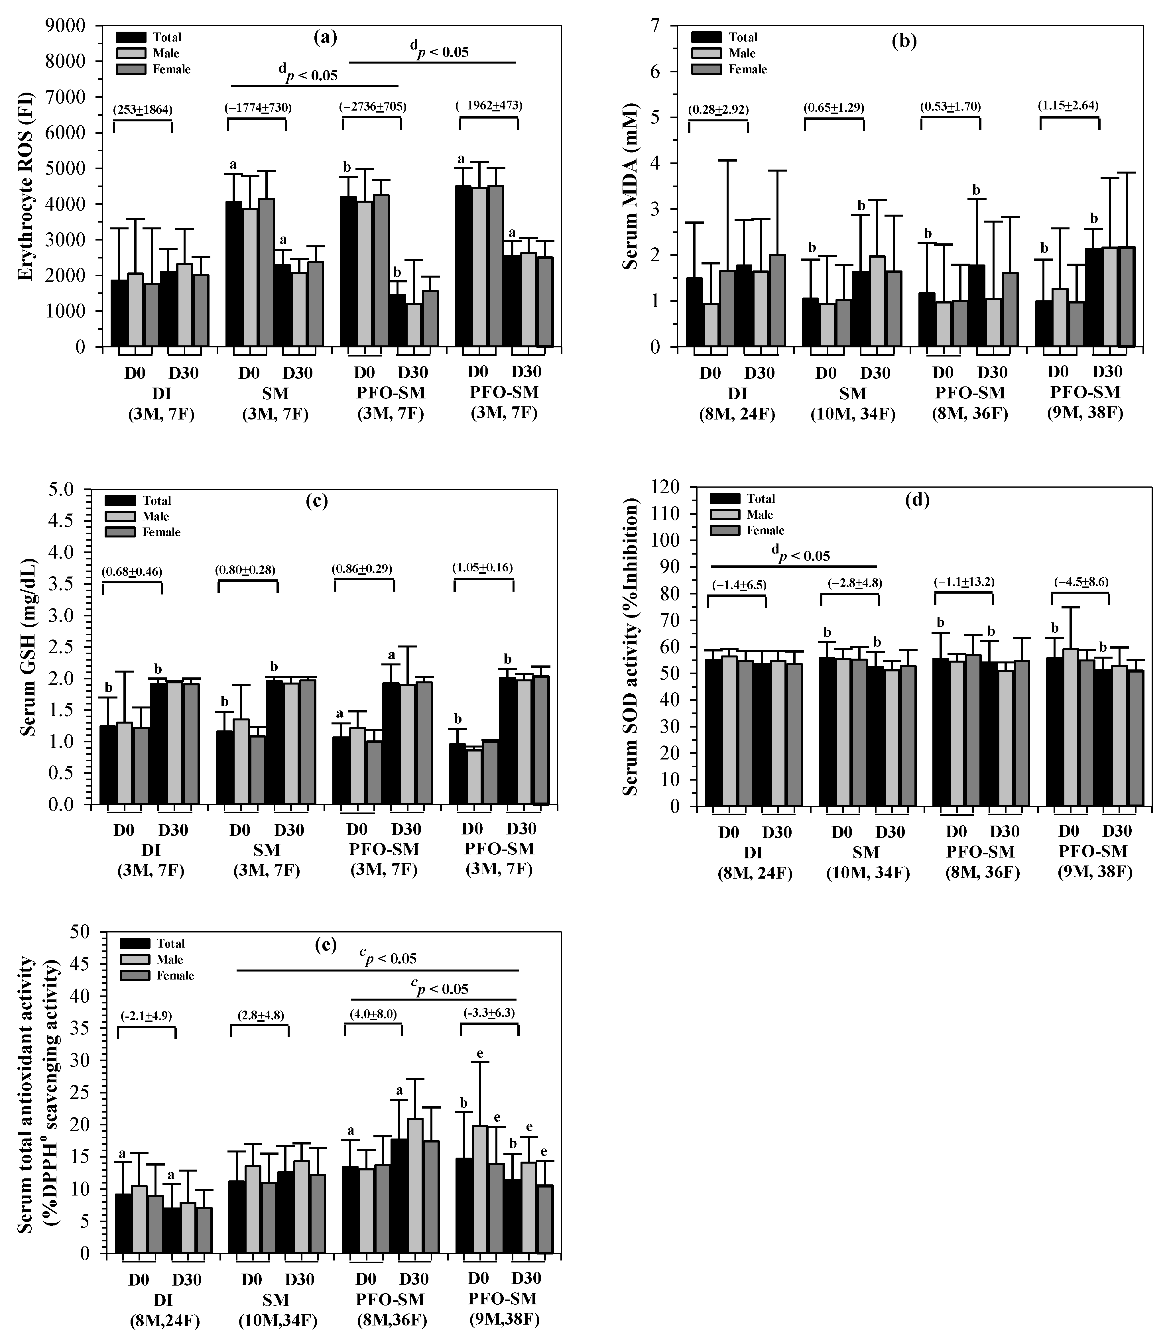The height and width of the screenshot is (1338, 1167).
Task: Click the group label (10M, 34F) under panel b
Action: click(x=853, y=414)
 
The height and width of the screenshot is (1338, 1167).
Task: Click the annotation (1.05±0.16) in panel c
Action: click(x=483, y=568)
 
